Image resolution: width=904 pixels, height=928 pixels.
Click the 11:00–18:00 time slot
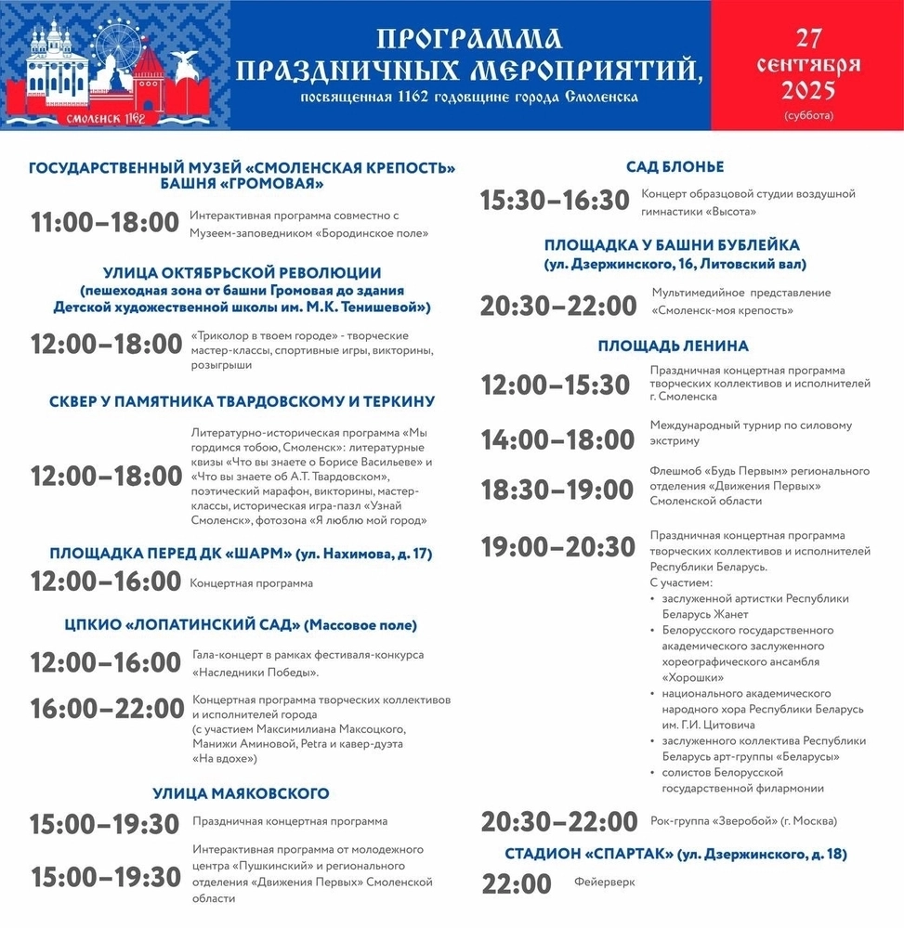[104, 223]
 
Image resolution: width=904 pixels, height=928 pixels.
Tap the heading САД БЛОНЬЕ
[675, 167]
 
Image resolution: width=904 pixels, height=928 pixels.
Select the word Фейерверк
[604, 882]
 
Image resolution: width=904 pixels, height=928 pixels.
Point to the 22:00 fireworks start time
[516, 883]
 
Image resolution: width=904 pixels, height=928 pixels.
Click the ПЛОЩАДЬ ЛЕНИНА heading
[674, 346]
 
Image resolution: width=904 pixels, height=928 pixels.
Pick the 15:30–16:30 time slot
[555, 201]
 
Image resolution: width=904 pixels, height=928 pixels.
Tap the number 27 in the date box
[807, 39]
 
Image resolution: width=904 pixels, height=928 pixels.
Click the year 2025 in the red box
[807, 91]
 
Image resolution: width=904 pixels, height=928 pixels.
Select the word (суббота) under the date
[808, 116]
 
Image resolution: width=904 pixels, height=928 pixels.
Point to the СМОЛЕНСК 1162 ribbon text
[105, 118]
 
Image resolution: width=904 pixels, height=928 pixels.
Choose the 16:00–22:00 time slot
[107, 709]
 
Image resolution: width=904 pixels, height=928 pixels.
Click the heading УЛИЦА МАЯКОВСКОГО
[241, 793]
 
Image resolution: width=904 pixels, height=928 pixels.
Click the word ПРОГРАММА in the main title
[469, 38]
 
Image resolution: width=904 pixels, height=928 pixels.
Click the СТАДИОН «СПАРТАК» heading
[675, 854]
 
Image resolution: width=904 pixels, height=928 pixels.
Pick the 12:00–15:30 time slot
[556, 384]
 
